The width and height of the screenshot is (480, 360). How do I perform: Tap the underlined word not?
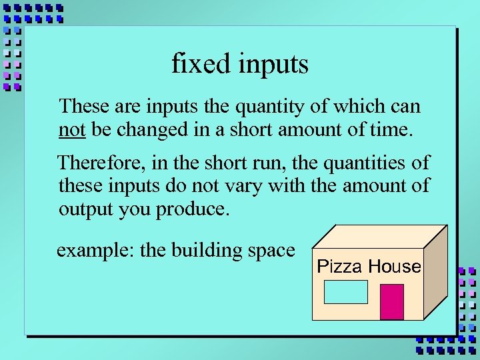(71, 129)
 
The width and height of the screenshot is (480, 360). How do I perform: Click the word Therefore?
(99, 163)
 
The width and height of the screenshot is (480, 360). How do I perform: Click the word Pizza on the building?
(340, 267)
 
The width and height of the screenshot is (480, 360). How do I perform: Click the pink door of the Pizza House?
(392, 302)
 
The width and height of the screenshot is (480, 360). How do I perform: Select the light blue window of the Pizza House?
(345, 292)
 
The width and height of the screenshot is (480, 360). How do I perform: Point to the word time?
(393, 129)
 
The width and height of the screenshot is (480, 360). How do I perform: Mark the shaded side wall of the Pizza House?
(436, 273)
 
